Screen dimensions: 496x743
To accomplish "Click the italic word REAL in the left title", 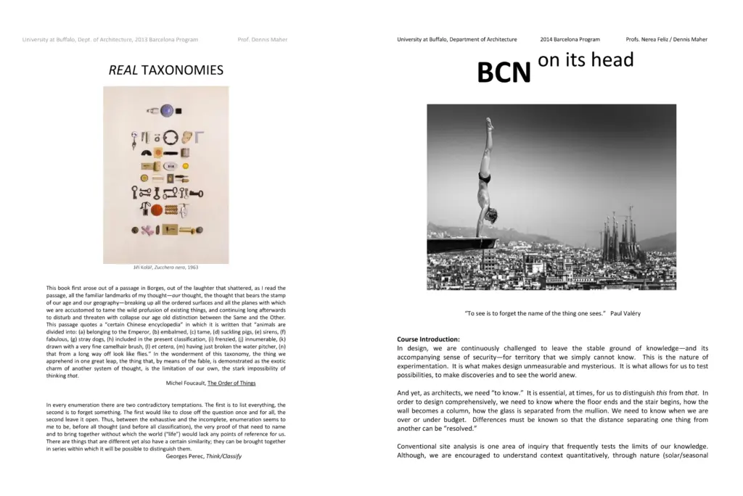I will pos(123,70).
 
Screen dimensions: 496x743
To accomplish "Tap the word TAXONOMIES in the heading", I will pos(182,70).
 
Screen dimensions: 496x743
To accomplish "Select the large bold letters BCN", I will pos(504,73).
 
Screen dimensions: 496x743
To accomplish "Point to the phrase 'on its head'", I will pos(586,59).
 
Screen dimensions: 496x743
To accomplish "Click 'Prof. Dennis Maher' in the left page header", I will pos(263,39).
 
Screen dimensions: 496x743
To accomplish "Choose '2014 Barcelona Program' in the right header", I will pos(570,39).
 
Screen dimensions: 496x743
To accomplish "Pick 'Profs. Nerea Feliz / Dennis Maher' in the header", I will pos(666,39).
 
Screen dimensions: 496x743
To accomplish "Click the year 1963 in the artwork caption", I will pos(192,268).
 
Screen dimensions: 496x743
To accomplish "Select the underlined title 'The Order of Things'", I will pos(231,383).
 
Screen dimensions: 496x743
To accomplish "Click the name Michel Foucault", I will pos(186,383).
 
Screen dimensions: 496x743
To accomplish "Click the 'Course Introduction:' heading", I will pos(428,339).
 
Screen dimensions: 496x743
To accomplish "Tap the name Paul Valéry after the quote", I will pos(625,313).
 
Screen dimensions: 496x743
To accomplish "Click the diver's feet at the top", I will pos(490,123).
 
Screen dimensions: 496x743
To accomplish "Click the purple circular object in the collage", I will pos(168,111).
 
